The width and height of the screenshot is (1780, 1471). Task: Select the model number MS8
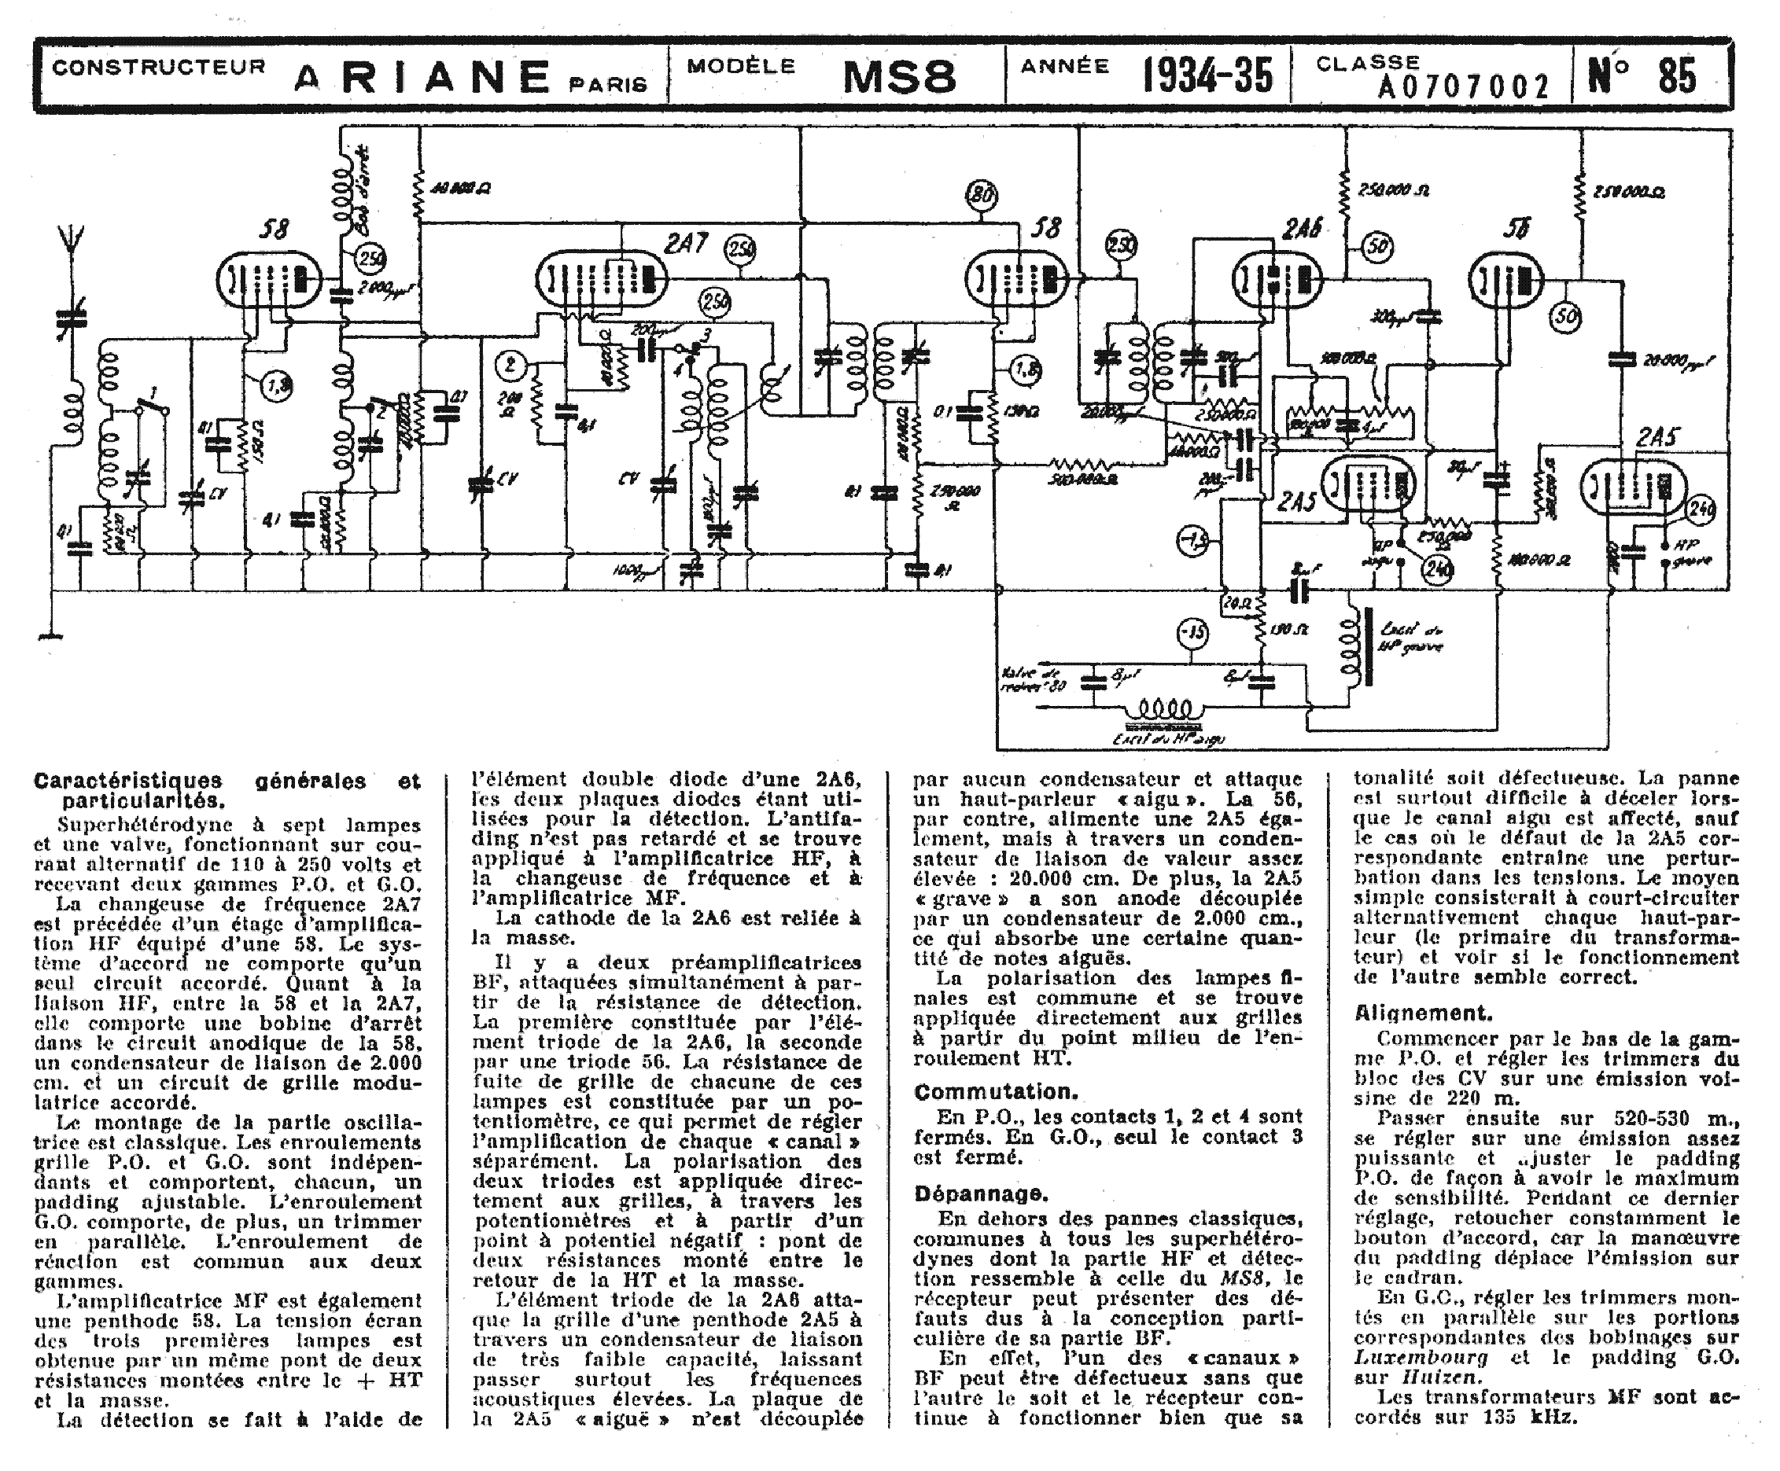pos(899,77)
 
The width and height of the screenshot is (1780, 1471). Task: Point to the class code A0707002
pos(1463,86)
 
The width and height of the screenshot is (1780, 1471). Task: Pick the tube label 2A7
pos(686,244)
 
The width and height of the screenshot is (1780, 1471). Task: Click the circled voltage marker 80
pos(982,196)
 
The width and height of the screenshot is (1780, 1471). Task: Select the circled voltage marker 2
pos(510,366)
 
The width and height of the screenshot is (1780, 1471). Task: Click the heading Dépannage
pos(981,1194)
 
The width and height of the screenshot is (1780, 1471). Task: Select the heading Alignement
pos(1422,1013)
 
